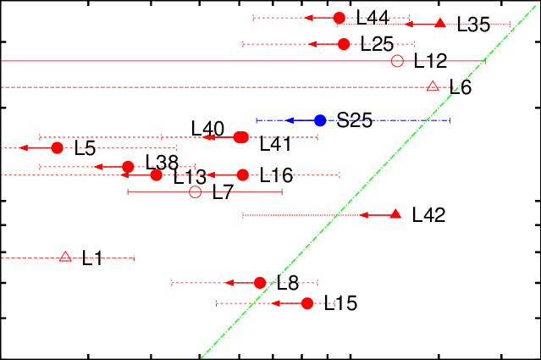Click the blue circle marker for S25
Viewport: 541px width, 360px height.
[320, 120]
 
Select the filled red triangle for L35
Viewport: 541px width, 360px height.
[439, 24]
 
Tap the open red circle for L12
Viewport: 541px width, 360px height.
[397, 61]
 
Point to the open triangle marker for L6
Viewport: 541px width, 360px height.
[433, 86]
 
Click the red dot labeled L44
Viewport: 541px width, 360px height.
[340, 18]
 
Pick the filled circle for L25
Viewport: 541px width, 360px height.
[344, 44]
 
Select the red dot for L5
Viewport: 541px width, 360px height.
[58, 148]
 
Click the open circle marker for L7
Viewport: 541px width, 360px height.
[195, 192]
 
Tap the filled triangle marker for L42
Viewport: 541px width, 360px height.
[395, 214]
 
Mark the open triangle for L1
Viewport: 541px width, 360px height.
[65, 257]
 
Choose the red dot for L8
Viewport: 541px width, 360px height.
[260, 282]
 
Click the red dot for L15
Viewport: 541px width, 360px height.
[307, 303]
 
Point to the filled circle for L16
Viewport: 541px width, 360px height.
[243, 175]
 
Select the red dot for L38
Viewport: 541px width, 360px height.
[128, 167]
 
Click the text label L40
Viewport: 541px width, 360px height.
[207, 129]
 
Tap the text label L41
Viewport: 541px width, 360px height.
[275, 144]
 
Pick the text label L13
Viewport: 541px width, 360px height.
[190, 177]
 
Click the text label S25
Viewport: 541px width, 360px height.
[354, 120]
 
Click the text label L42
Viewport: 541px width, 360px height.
[428, 215]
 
